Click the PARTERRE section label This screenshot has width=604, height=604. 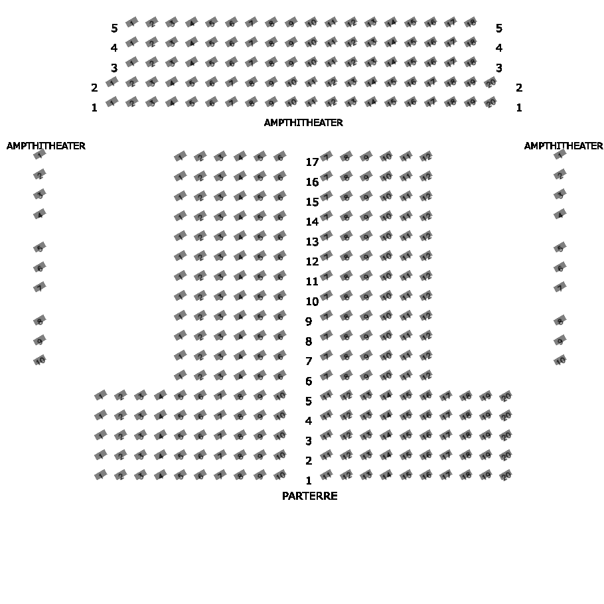pos(309,496)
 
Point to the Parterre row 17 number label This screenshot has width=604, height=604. pos(312,162)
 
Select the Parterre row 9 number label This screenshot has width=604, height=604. pos(308,321)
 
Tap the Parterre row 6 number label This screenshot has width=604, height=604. pos(308,381)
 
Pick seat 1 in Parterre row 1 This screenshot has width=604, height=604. pos(100,475)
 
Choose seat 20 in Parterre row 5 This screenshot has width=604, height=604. pos(506,396)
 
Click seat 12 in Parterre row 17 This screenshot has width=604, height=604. pos(426,157)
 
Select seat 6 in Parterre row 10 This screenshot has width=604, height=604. pos(280,296)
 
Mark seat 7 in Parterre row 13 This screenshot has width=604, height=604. pos(326,237)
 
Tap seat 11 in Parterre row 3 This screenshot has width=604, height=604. pos(327,436)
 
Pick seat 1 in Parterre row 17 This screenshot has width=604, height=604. pos(180,157)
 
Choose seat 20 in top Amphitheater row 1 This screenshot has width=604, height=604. pos(491,102)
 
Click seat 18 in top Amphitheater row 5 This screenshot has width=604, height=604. pos(471,23)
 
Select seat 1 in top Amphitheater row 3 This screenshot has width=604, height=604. pos(131,62)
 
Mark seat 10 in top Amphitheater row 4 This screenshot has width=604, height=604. pos(311,42)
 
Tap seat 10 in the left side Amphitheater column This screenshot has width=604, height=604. pos(40,360)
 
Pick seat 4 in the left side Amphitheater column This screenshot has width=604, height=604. pos(40,214)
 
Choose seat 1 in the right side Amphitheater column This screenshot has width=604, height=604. pos(561,155)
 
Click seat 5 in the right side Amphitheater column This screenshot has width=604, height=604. pos(561,248)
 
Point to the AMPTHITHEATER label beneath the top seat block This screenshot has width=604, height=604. pos(303,123)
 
